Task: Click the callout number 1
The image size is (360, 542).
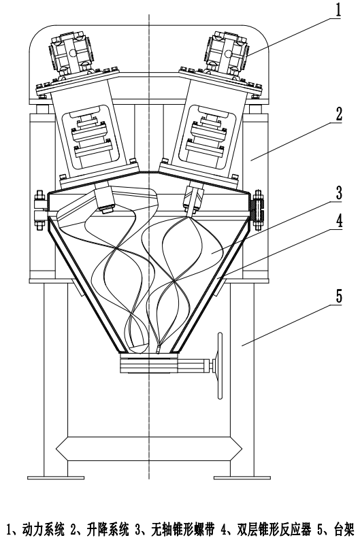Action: point(338,10)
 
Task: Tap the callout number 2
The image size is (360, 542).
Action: point(339,114)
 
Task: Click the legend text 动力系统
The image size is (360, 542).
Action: point(44,529)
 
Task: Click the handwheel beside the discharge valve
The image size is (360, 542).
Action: point(219,366)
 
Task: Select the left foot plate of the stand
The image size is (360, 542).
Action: point(56,477)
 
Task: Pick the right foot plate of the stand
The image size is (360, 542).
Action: point(242,477)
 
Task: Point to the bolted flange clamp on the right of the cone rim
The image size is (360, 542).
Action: point(258,210)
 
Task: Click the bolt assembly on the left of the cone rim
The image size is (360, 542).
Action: point(39,210)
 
